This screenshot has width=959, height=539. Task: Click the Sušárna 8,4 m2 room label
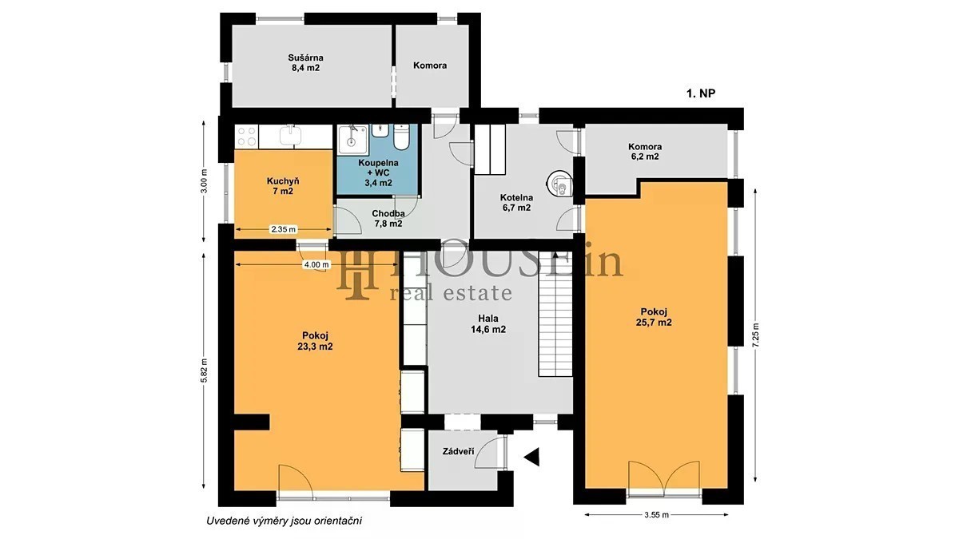pyautogui.click(x=305, y=62)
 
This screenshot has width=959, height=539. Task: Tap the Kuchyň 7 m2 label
pyautogui.click(x=283, y=185)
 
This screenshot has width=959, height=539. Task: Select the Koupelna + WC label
pyautogui.click(x=378, y=172)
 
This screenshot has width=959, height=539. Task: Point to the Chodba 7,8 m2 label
pyautogui.click(x=388, y=218)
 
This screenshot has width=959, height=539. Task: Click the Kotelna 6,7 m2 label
pyautogui.click(x=516, y=202)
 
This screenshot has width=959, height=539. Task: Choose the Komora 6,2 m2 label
pyautogui.click(x=645, y=152)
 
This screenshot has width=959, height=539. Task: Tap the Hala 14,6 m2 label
pyautogui.click(x=488, y=324)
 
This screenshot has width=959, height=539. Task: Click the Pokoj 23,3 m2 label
pyautogui.click(x=315, y=341)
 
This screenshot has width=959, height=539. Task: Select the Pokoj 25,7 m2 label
pyautogui.click(x=654, y=317)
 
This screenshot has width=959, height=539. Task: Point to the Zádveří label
pyautogui.click(x=458, y=451)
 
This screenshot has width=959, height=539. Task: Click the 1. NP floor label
pyautogui.click(x=701, y=93)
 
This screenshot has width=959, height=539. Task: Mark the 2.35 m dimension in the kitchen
pyautogui.click(x=283, y=229)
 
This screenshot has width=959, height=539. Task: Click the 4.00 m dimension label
pyautogui.click(x=316, y=265)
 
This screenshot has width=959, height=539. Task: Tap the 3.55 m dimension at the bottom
pyautogui.click(x=656, y=515)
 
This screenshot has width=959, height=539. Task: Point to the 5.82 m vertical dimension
pyautogui.click(x=205, y=371)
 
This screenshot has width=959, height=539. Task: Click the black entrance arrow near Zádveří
pyautogui.click(x=531, y=458)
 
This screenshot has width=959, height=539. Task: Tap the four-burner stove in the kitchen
pyautogui.click(x=247, y=137)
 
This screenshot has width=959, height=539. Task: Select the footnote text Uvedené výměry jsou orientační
pyautogui.click(x=285, y=521)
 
